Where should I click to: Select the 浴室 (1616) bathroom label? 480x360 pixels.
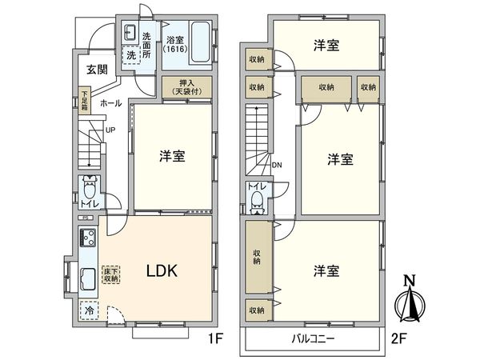175,45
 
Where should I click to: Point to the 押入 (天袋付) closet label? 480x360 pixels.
188,87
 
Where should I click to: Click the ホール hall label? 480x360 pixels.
110,103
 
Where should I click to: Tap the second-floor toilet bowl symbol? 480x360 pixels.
255,200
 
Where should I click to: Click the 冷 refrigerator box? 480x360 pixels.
88,307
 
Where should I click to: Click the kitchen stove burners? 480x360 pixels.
87,238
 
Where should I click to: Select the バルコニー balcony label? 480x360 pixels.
313,339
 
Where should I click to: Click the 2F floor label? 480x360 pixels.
398,338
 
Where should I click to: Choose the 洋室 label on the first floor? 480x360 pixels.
173,157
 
